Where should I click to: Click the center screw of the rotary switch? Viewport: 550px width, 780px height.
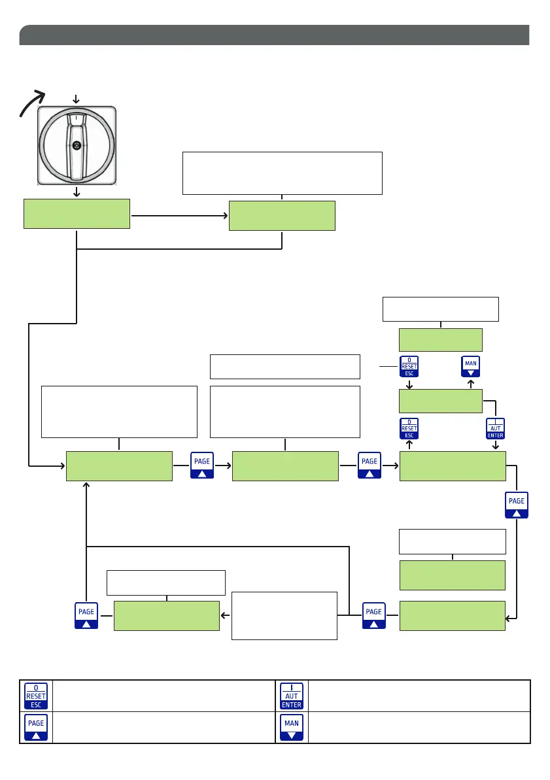coord(77,145)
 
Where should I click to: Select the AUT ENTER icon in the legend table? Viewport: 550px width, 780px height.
coord(292,696)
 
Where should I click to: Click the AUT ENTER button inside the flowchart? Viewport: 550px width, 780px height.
coord(494,429)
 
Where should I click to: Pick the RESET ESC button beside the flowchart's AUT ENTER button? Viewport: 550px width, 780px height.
coord(409,429)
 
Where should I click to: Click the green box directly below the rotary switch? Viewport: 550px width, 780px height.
coord(77,214)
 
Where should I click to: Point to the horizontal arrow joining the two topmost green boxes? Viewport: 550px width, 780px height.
coord(179,214)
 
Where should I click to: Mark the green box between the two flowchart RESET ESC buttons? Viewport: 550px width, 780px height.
coord(440,400)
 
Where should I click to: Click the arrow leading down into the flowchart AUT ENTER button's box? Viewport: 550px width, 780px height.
coord(495,445)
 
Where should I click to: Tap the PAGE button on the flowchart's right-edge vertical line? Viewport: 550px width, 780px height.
coord(517,505)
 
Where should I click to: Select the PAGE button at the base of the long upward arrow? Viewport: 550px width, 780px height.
coord(86,615)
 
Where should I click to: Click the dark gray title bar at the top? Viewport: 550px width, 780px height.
coord(274,35)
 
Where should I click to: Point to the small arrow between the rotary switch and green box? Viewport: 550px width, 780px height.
coord(77,192)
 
